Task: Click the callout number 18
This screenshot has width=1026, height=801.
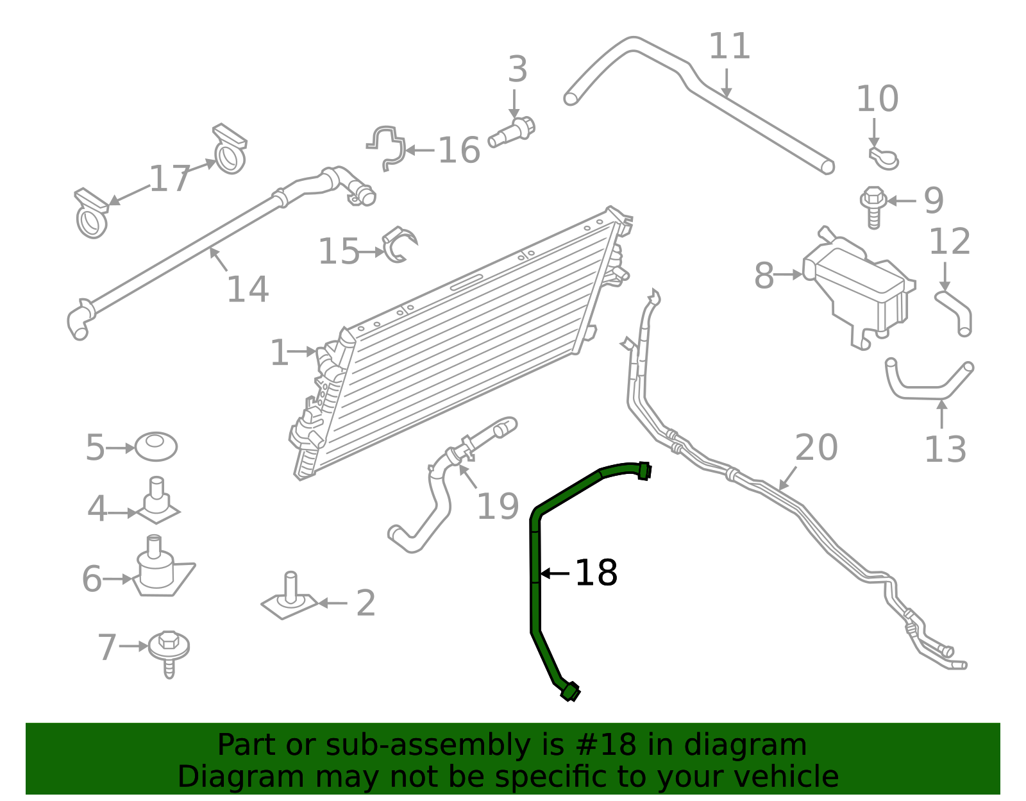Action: [596, 573]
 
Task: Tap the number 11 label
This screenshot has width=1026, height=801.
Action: [729, 46]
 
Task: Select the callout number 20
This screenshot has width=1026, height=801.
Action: [816, 447]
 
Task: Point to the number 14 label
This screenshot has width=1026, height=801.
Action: [248, 289]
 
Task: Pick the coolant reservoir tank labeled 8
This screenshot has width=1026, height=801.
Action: [859, 289]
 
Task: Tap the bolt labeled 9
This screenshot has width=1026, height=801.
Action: [873, 205]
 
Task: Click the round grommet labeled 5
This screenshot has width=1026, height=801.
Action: [156, 446]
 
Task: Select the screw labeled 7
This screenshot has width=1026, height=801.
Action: [169, 651]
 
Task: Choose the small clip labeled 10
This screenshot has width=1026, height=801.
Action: [884, 158]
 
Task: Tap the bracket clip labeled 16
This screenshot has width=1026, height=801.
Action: [387, 148]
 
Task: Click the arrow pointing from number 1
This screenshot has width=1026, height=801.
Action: [301, 351]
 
